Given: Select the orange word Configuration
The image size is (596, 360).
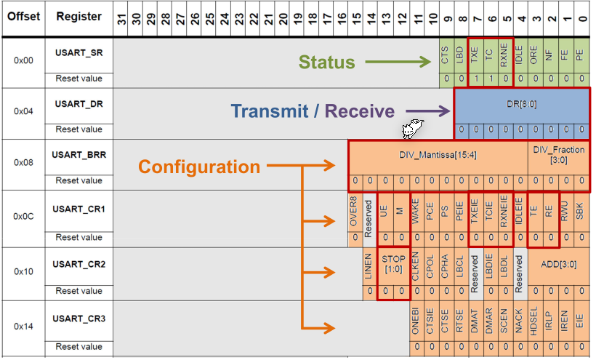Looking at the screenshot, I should pos(198,167).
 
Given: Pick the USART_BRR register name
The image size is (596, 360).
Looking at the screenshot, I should pos(79,156).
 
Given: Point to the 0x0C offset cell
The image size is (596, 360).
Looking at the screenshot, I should pos(23,216).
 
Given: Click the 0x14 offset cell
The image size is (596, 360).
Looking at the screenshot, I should pos(23,326).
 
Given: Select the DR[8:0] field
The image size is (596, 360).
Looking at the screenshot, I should pos(521,104).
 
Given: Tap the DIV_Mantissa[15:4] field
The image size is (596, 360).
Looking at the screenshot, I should pos(438,156).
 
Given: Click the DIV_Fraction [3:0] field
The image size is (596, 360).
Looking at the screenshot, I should pos(558,155).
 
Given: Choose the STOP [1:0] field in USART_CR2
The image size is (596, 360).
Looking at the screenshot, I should pos(393,263).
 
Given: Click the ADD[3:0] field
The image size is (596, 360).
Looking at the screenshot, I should pos(558,264).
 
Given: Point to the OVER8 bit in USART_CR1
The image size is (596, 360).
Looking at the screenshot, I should pos(355,211).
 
